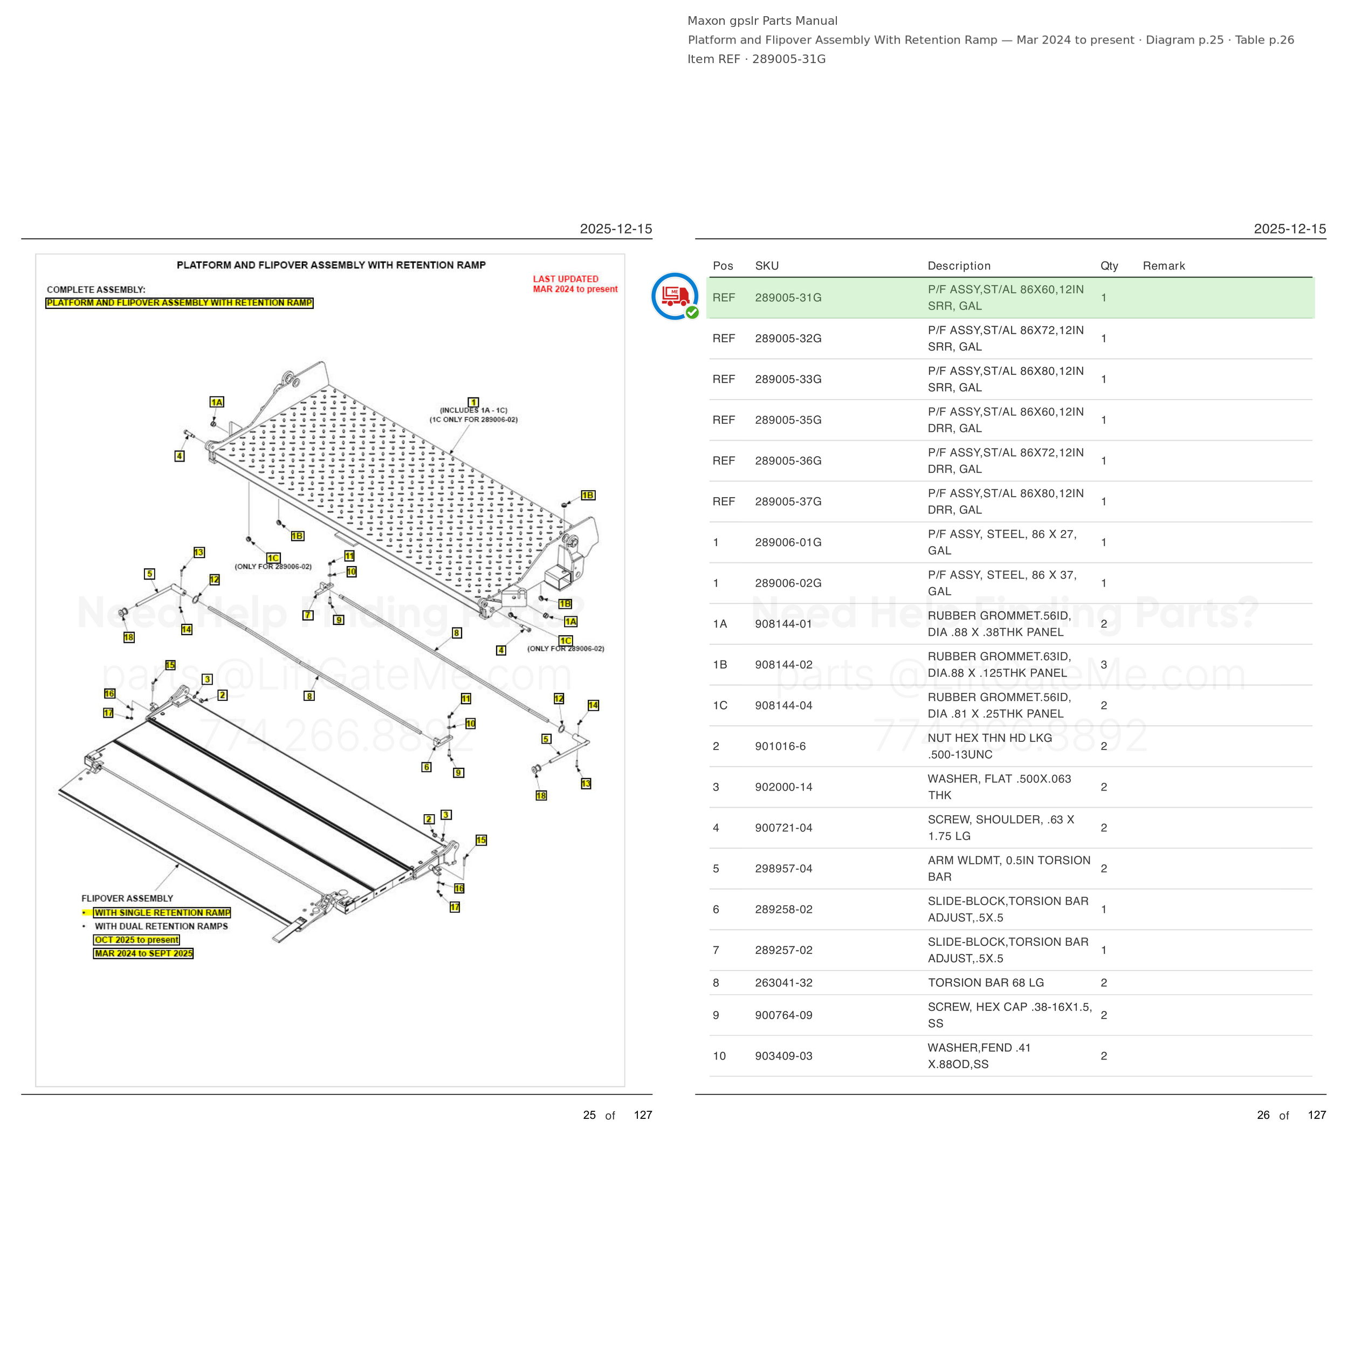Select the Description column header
click(959, 266)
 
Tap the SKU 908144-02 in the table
click(783, 665)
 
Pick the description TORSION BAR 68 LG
click(986, 982)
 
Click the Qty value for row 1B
click(1104, 665)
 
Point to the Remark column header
click(1164, 266)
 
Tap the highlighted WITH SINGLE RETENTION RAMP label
click(162, 913)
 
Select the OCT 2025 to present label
click(137, 940)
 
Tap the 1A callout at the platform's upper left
click(217, 402)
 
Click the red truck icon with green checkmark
click(675, 297)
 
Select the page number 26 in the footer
click(1263, 1115)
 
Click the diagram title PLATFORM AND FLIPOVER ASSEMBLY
click(331, 265)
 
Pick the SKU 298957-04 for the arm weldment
click(783, 869)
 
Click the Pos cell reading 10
click(719, 1056)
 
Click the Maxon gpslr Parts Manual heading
click(762, 21)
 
